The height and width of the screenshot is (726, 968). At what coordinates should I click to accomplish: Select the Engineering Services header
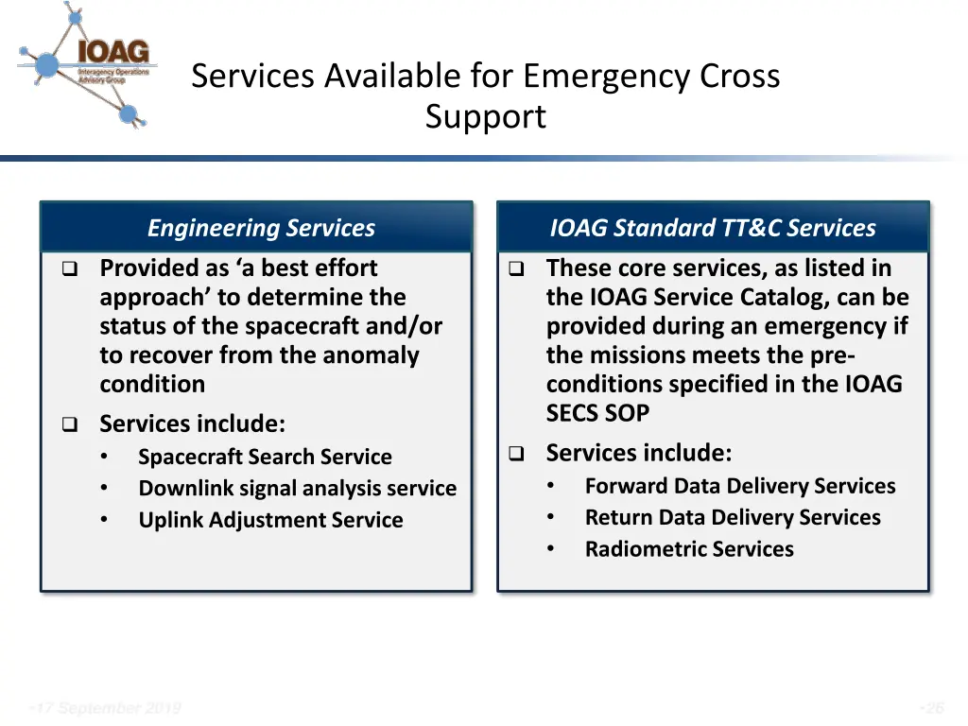[261, 228]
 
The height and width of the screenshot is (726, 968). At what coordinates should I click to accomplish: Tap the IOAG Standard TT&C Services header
[713, 228]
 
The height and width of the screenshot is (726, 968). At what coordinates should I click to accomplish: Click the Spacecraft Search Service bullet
[265, 458]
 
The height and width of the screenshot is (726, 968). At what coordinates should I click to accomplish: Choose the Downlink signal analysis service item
[297, 489]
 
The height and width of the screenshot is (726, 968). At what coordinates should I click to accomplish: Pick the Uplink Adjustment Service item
[270, 520]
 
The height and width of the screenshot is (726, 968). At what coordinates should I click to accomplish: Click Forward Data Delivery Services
[739, 487]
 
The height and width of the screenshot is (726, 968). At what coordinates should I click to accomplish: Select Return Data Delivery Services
[732, 518]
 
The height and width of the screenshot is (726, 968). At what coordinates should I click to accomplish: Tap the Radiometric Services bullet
[689, 549]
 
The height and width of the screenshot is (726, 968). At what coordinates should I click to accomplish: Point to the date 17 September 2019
[106, 708]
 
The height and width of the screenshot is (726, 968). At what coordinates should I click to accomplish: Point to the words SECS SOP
[597, 413]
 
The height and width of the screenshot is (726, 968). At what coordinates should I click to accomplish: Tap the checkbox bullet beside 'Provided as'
[69, 269]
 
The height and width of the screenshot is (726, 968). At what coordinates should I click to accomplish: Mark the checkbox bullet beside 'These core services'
[516, 269]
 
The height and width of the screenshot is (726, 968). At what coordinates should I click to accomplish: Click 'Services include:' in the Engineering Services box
[192, 423]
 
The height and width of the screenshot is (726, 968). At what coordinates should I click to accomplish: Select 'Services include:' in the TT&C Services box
[638, 453]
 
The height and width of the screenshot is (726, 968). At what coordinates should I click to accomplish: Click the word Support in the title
[485, 117]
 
